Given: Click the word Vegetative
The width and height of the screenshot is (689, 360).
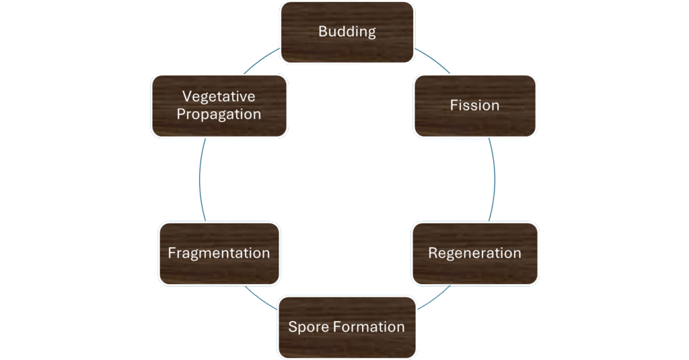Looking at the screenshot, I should click(219, 97).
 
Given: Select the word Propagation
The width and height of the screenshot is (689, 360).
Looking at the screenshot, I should click(219, 114).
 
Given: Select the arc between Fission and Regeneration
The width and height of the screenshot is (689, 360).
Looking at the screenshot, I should click(494, 179).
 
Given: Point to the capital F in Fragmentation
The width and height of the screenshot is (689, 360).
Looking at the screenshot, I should click(172, 254).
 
